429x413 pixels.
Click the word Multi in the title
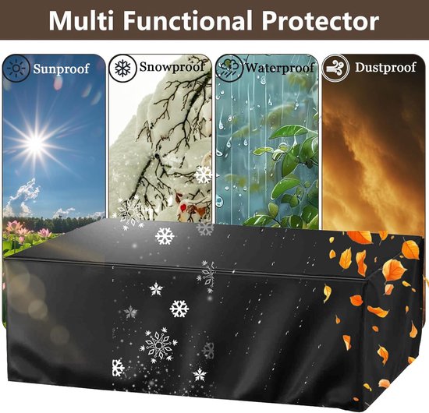[80, 21]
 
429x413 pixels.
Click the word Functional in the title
[187, 21]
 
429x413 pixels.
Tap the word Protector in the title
[320, 21]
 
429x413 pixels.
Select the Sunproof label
[61, 69]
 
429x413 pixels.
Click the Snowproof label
[172, 67]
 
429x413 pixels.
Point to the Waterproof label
[279, 68]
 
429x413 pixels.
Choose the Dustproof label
[385, 67]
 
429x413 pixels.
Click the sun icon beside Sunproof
[16, 69]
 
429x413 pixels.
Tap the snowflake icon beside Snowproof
[122, 68]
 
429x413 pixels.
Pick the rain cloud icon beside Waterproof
[229, 69]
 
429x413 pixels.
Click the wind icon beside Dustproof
[335, 68]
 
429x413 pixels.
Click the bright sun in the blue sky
[36, 143]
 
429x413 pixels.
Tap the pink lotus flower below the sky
[14, 226]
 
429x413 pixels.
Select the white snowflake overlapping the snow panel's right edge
[204, 175]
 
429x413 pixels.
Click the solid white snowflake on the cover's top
[165, 236]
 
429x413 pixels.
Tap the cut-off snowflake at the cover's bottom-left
[118, 368]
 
